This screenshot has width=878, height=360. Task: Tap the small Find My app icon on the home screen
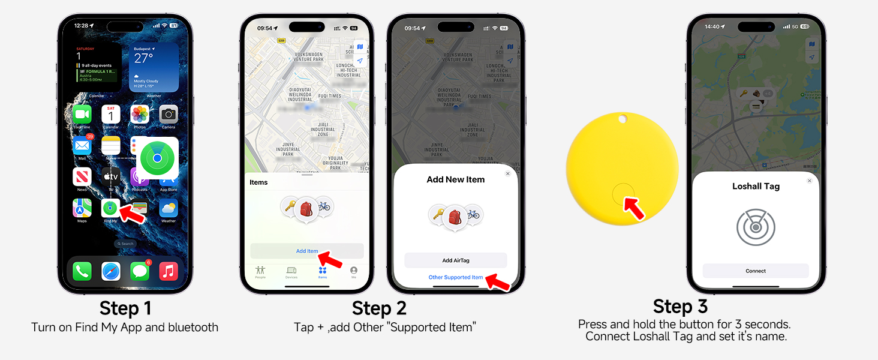109,208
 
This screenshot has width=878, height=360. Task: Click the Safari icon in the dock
111,271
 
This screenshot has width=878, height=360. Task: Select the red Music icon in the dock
169,271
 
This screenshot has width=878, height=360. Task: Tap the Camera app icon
169,114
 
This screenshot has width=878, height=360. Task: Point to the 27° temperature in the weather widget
144,58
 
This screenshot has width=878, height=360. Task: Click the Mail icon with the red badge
82,145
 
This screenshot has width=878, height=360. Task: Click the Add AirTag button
455,260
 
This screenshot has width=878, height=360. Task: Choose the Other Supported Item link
455,277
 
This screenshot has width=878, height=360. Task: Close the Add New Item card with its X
508,173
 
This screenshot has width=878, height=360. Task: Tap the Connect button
756,271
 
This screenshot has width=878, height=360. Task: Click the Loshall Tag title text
756,186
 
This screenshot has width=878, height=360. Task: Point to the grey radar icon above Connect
756,227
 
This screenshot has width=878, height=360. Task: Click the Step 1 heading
125,308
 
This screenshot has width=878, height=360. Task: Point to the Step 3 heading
680,306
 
